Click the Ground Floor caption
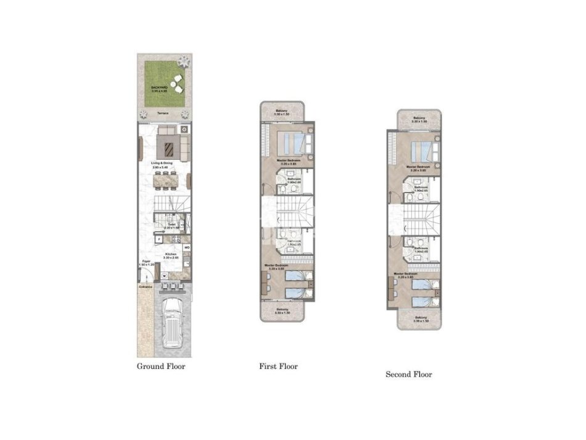tap(160, 366)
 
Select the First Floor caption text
tap(278, 366)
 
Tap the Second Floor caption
tap(408, 374)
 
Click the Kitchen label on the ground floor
tap(170, 253)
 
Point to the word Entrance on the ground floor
tap(145, 287)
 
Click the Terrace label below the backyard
tap(162, 114)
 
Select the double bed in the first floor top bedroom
tap(294, 144)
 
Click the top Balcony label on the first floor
tap(283, 112)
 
